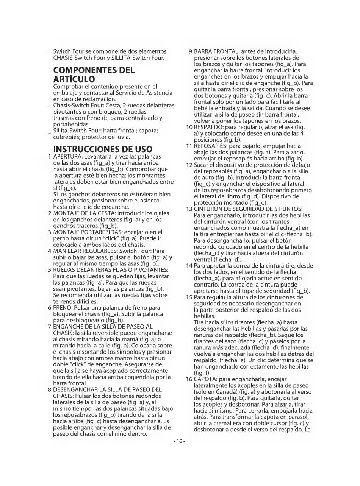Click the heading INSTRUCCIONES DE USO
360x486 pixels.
103,149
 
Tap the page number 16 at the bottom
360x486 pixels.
179,441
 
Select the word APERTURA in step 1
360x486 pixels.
67,156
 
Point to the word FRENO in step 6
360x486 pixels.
62,308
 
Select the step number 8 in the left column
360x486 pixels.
50,389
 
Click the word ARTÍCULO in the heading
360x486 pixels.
74,79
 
